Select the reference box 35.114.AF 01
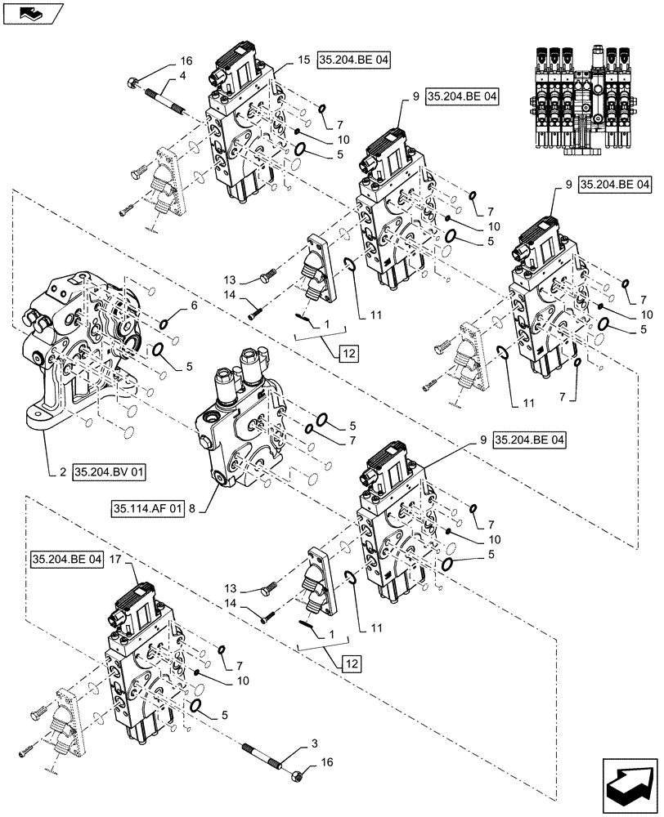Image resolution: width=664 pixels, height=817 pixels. coord(146,508)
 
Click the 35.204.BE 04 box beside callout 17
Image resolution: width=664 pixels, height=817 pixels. coord(68,560)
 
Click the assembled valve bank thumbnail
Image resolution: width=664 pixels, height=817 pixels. coord(587,98)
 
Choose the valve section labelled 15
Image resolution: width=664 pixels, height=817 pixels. coord(245,131)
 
